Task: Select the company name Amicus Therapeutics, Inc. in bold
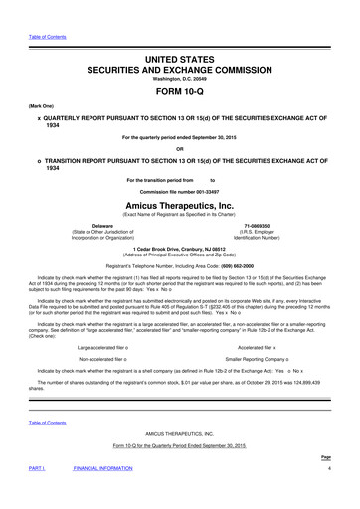tap(180, 199)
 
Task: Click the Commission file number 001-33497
tap(180, 188)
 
